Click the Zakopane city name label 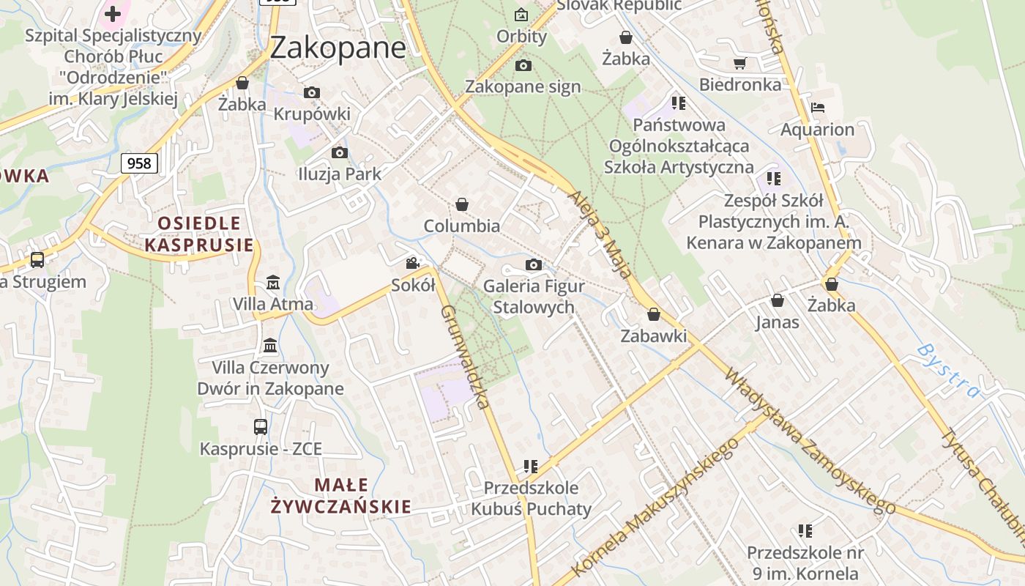(338, 48)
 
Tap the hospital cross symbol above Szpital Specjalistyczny (113, 13)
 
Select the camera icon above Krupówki (312, 93)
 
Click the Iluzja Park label (340, 174)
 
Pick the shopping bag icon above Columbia (462, 204)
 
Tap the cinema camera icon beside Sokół (413, 263)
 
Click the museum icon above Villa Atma (273, 282)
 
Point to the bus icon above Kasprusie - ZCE (261, 426)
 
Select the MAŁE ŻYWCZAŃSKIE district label (341, 495)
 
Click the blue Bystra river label (947, 370)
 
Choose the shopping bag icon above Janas (778, 300)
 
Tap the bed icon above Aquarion (818, 108)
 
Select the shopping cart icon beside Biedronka (739, 63)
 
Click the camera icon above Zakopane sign (523, 66)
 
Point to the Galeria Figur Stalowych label (534, 297)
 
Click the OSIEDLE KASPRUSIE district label (199, 234)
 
